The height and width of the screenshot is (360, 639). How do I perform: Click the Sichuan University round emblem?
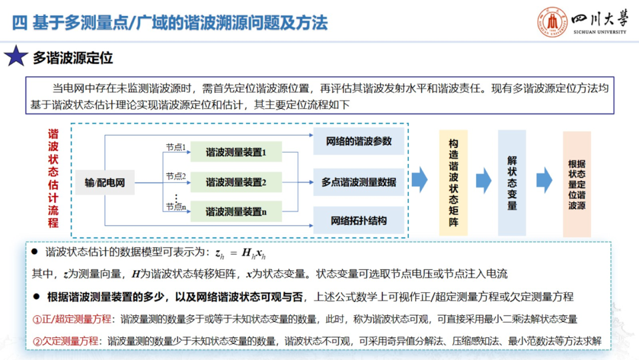(x=551, y=23)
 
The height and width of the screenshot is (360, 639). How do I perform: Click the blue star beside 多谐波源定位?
(x=16, y=57)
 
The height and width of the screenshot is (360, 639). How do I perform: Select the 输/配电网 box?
(x=105, y=183)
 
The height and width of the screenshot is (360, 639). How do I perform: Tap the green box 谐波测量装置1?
(x=236, y=152)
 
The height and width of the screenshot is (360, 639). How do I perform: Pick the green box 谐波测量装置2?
(x=236, y=182)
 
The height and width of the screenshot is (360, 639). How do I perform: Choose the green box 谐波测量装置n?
(x=236, y=211)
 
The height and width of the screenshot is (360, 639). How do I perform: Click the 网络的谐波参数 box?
(x=359, y=142)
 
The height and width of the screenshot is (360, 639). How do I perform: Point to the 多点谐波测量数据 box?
(x=359, y=182)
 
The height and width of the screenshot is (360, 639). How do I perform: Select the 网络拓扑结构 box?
(x=359, y=221)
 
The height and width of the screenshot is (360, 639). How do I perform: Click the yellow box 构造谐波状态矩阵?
(x=453, y=183)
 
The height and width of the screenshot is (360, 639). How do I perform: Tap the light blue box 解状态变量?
(x=512, y=183)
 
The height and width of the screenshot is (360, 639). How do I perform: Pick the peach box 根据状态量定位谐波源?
(x=576, y=184)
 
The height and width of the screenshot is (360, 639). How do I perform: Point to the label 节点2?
(x=176, y=176)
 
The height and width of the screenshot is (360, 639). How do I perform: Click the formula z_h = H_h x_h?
(x=240, y=253)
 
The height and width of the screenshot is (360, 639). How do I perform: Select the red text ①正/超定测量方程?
(x=72, y=319)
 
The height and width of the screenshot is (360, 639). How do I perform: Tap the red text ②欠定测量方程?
(x=65, y=341)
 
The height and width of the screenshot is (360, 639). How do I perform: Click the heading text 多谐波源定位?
(x=73, y=58)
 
